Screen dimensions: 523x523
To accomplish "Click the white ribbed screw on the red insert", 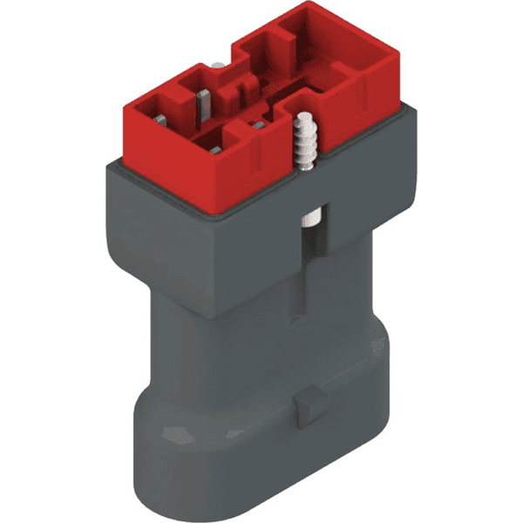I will [304, 139].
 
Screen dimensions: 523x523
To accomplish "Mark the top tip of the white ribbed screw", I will [304, 116].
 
